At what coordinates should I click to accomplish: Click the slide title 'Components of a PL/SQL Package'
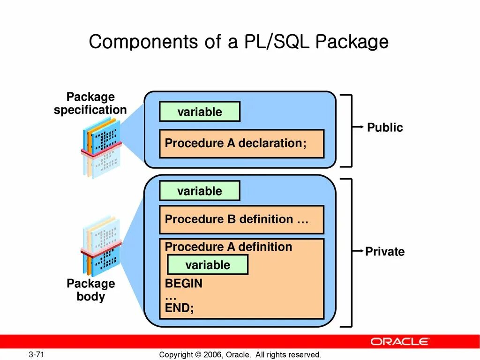[239, 42]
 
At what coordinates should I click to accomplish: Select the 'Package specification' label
[90, 104]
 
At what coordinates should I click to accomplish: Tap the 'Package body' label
[90, 290]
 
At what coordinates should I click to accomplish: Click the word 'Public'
[385, 127]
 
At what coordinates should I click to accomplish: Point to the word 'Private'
[385, 252]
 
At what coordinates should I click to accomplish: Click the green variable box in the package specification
[200, 112]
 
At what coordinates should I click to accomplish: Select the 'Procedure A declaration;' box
[241, 143]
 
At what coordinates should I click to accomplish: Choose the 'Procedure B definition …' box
[241, 219]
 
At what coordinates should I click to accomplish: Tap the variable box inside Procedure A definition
[208, 265]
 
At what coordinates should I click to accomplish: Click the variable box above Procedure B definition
[200, 191]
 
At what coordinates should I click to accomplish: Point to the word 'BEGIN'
[184, 284]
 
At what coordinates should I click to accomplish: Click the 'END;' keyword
[179, 308]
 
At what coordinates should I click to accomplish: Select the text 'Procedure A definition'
[228, 247]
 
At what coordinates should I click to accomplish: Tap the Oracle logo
[400, 341]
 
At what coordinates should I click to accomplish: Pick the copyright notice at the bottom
[240, 354]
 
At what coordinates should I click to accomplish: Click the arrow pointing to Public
[359, 127]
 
